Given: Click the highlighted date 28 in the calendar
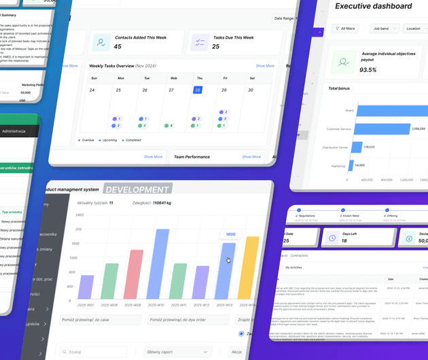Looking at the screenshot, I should pyautogui.click(x=198, y=90).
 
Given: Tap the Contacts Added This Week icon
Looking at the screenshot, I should pyautogui.click(x=101, y=43).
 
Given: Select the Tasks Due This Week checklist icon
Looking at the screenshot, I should pyautogui.click(x=200, y=43).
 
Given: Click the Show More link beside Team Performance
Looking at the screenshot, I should pyautogui.click(x=251, y=157).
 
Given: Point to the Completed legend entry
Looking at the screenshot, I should pyautogui.click(x=132, y=140).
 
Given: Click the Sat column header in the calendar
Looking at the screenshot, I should pyautogui.click(x=252, y=78).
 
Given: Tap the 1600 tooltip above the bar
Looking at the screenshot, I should pyautogui.click(x=230, y=234).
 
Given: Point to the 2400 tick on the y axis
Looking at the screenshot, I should pyautogui.click(x=79, y=215).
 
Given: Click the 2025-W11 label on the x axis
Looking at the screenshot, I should pyautogui.click(x=179, y=305).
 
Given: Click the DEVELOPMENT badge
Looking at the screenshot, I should pyautogui.click(x=138, y=190).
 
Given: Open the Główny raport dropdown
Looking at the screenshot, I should pyautogui.click(x=177, y=352).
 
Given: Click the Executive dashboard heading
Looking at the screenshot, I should pyautogui.click(x=374, y=6).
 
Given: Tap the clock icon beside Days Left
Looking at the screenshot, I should pyautogui.click(x=332, y=238).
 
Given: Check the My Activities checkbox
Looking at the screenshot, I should pyautogui.click(x=281, y=268).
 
